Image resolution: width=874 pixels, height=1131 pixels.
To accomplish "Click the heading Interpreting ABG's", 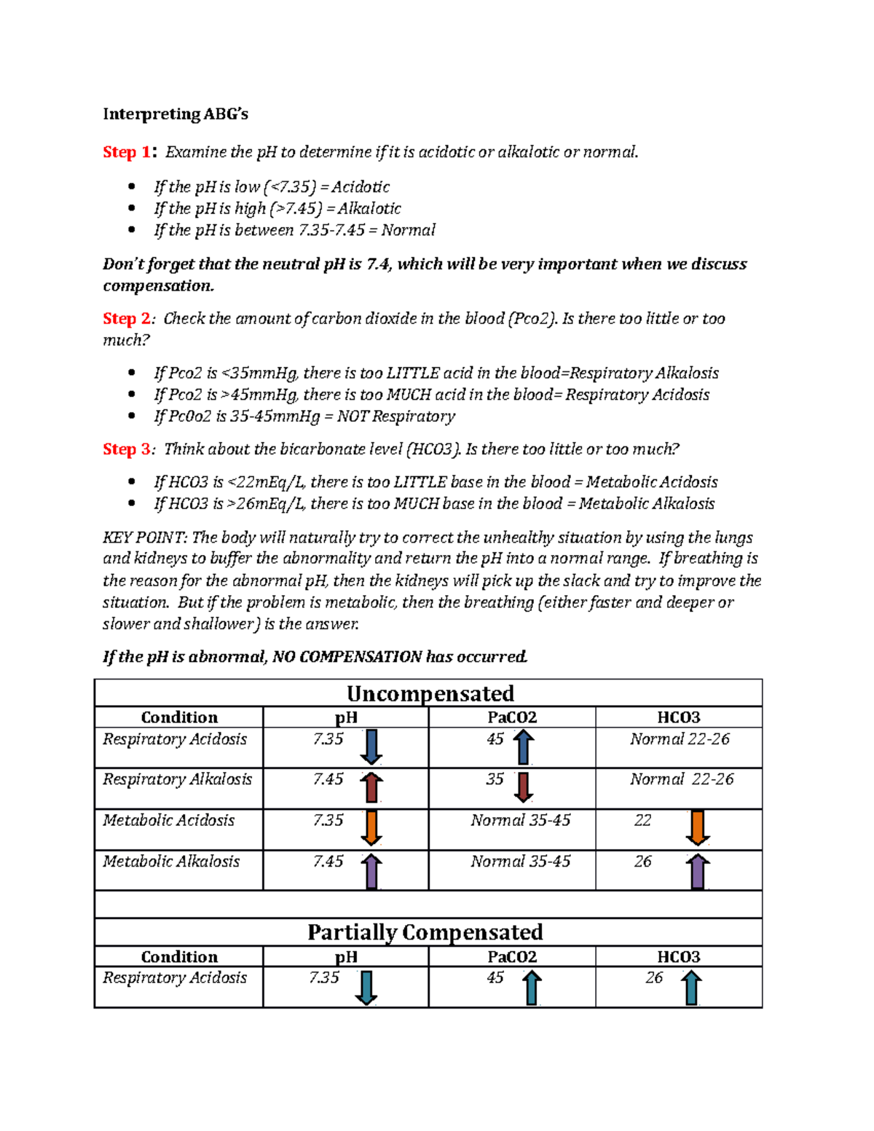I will pyautogui.click(x=175, y=114).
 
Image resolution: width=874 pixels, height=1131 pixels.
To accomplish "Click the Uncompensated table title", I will pyautogui.click(x=430, y=693).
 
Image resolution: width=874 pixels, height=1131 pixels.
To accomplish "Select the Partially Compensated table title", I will pyautogui.click(x=425, y=932).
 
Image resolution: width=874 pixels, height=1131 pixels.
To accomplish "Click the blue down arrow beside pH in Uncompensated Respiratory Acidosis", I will pyautogui.click(x=371, y=747).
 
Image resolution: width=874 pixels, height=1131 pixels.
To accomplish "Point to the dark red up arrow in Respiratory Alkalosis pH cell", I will pyautogui.click(x=371, y=787).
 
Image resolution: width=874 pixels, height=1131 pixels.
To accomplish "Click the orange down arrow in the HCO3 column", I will pyautogui.click(x=698, y=828).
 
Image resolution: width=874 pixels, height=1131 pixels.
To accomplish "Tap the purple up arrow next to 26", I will pyautogui.click(x=698, y=870).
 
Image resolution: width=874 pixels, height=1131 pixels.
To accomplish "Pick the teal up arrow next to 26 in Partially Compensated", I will pyautogui.click(x=691, y=988).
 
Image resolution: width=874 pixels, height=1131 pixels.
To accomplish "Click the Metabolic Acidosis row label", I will pyautogui.click(x=168, y=821).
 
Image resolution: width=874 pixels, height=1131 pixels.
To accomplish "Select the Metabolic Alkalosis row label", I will pyautogui.click(x=171, y=862).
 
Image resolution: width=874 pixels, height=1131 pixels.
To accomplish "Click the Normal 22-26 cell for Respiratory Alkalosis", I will pyautogui.click(x=681, y=779).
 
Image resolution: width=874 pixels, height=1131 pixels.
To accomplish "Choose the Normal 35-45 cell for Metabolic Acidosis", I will pyautogui.click(x=520, y=821).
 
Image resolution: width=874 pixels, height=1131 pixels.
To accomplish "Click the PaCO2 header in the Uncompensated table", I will pyautogui.click(x=512, y=717).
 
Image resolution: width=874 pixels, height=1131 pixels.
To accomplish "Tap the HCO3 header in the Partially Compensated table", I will pyautogui.click(x=678, y=957).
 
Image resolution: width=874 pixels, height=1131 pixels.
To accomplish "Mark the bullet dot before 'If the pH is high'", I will pyautogui.click(x=132, y=208).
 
